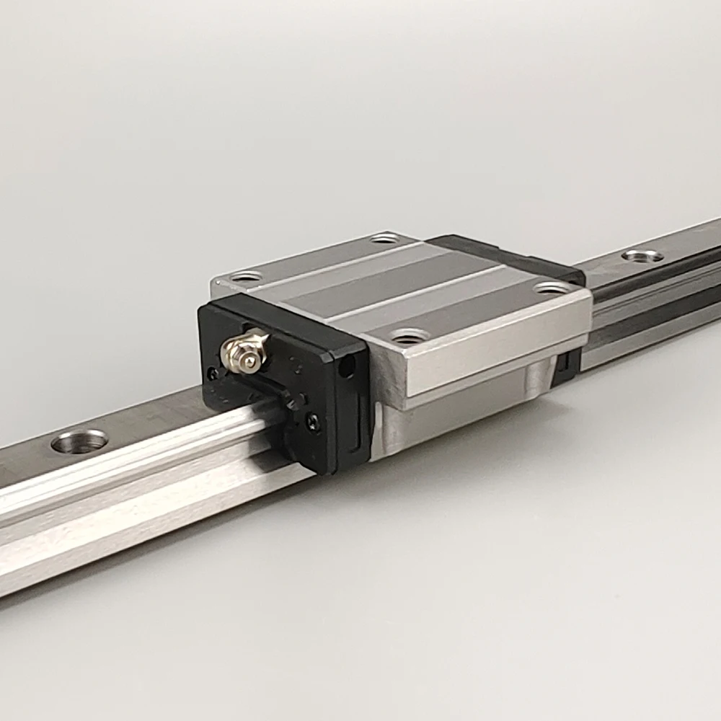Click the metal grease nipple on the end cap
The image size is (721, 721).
pos(243,351)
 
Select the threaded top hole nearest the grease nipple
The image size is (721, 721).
pos(246,275)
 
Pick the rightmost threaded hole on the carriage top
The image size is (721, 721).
pos(552,288)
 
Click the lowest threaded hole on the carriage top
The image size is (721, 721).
pos(410,335)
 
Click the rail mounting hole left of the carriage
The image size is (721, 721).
pos(79,441)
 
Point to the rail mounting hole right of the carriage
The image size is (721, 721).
pos(642,255)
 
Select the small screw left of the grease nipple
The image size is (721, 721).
pos(212,373)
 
